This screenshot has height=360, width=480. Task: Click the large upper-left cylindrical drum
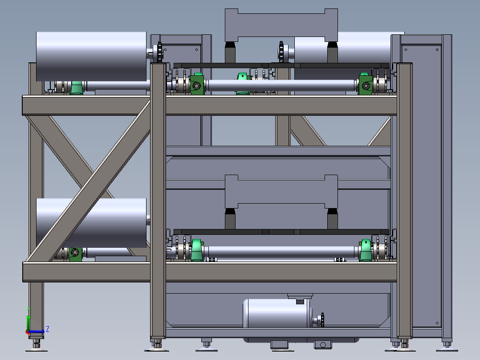[x=91, y=57]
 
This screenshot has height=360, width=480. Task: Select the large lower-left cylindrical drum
[x=91, y=223]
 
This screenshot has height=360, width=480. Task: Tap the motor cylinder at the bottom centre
[x=277, y=313]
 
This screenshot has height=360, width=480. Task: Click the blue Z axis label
[x=48, y=329]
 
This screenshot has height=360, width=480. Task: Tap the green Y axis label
[x=28, y=309]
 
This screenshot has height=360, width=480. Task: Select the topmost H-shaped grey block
[x=281, y=25]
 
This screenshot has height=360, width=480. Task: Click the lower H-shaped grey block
[x=281, y=192]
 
